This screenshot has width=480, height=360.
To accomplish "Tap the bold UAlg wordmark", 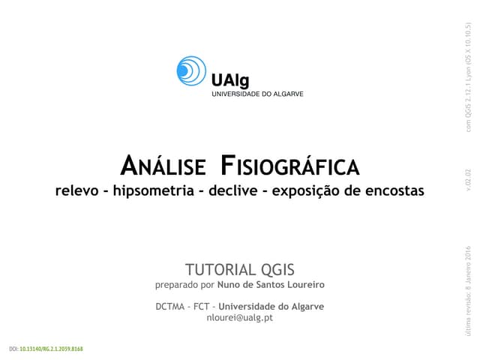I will (228, 79).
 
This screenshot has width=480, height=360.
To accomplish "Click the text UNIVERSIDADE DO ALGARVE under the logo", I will (256, 94).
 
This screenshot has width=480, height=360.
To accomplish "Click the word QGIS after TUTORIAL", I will (277, 270).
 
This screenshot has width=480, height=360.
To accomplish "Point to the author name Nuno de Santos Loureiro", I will (271, 286).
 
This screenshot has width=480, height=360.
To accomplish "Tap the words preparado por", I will (184, 286).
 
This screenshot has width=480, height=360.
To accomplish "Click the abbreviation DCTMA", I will (172, 306).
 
